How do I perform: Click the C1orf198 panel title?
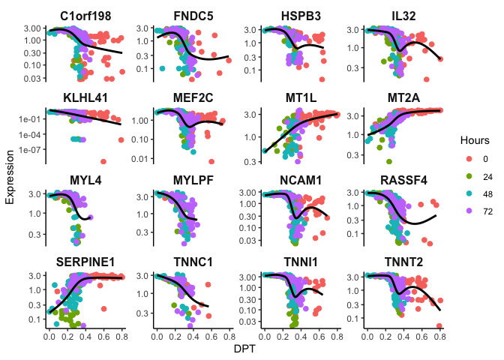[84, 15]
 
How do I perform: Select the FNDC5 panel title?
[192, 15]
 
